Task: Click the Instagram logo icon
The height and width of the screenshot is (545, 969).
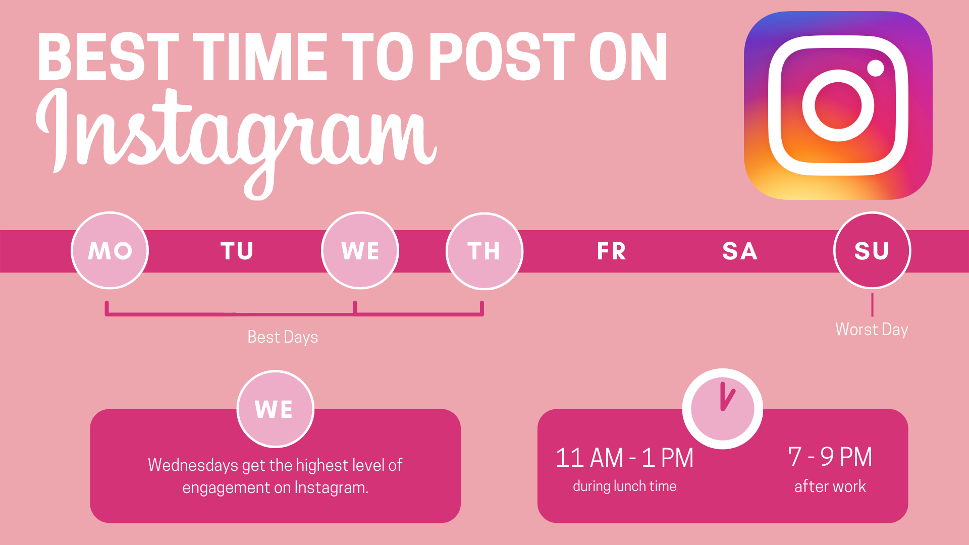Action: coord(838,105)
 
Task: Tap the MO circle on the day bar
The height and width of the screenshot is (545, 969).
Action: coord(110,250)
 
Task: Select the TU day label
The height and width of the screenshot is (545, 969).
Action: coord(237,251)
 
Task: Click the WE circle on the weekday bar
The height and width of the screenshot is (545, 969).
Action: coord(360,250)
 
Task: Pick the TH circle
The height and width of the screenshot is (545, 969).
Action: coord(484,251)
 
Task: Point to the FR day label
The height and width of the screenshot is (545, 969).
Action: coord(612,251)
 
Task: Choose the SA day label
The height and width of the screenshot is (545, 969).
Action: coord(740,251)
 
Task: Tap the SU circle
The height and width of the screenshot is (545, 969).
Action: coord(872,250)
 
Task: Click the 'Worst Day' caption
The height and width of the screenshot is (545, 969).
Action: coord(872,330)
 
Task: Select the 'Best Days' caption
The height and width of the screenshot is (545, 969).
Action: coord(283,337)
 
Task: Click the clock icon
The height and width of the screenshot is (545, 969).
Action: coord(723,409)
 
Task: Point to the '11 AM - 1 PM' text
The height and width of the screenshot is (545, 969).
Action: coord(624,458)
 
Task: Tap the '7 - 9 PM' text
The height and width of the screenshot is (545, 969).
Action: coord(830,457)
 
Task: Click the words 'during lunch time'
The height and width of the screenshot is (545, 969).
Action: coord(625,486)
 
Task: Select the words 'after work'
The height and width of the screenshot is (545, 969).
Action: coord(830,486)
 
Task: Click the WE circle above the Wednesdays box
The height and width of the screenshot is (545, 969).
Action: coord(276,409)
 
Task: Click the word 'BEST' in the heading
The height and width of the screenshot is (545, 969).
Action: coord(108,57)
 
